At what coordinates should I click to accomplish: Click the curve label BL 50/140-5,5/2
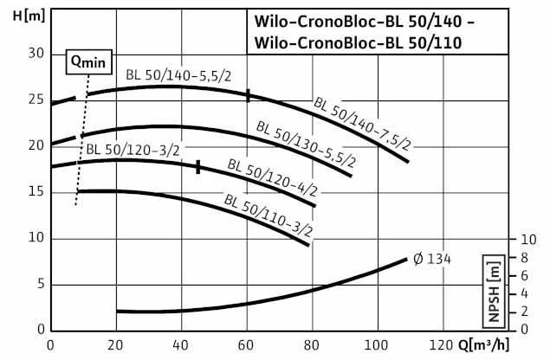[x=178, y=76]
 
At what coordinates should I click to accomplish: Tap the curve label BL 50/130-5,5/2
[x=306, y=144]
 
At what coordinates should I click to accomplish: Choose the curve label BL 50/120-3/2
[x=132, y=151]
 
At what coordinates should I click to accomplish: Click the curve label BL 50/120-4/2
[x=270, y=177]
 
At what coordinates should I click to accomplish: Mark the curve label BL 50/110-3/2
[x=268, y=216]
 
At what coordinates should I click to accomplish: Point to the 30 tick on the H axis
[x=36, y=53]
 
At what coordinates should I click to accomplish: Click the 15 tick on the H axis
[x=36, y=191]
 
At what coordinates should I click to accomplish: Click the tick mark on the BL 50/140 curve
[x=248, y=95]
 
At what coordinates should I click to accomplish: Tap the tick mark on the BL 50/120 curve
[x=198, y=166]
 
